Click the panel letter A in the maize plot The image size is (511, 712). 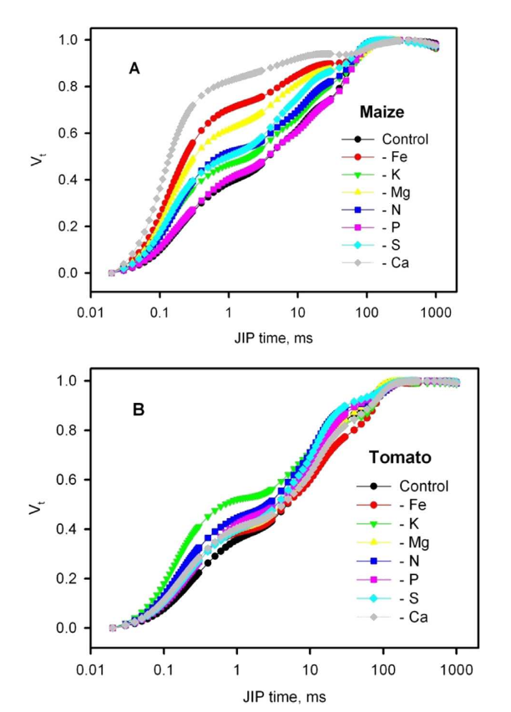point(134,69)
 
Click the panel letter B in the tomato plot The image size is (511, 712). point(139,410)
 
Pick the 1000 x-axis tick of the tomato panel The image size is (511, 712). point(456,670)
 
